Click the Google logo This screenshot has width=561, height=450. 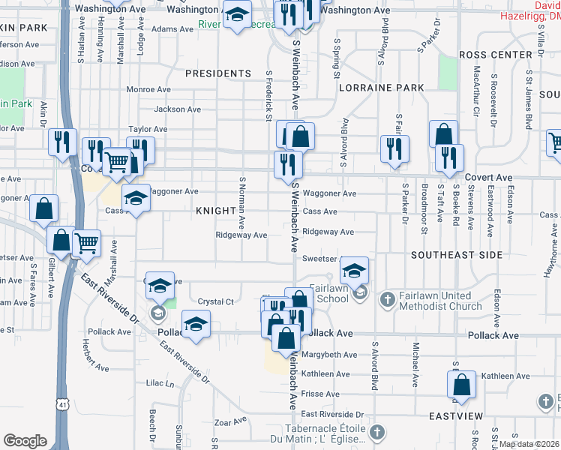[x=25, y=440]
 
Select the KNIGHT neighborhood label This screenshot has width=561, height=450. [x=216, y=211]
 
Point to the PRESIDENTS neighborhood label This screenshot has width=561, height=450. [x=217, y=73]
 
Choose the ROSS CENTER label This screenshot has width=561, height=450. [x=495, y=55]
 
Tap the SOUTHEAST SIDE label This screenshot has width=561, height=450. [x=456, y=255]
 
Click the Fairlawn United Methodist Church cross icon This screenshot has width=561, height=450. [x=387, y=301]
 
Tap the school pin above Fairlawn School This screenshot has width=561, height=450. [x=355, y=271]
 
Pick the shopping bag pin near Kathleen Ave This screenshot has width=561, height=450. [x=462, y=385]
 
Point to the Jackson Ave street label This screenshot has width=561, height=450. [x=177, y=109]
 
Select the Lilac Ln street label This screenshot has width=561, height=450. [x=160, y=383]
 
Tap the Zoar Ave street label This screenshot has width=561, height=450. [x=229, y=422]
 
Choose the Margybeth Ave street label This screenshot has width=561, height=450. [x=329, y=355]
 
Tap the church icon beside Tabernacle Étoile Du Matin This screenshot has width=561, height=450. [x=377, y=433]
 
